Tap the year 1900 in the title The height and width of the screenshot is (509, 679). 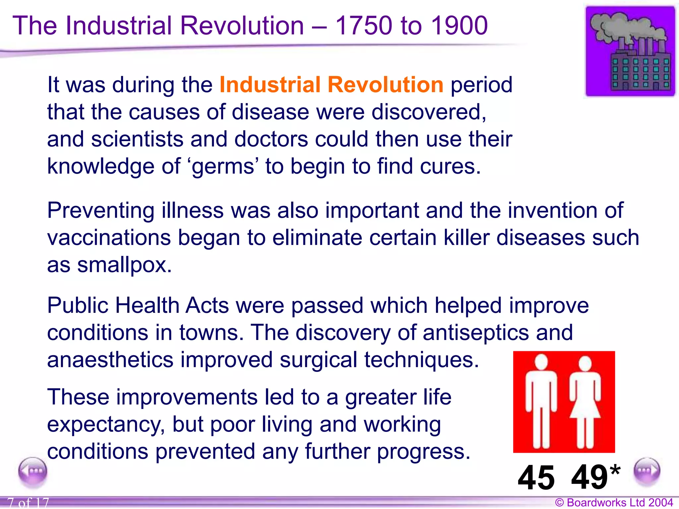pos(459,26)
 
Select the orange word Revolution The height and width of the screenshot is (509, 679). pos(385,85)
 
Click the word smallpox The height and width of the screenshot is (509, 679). pos(124,265)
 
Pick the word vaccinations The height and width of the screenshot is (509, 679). pos(109,238)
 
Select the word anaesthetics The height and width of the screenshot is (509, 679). pos(110,360)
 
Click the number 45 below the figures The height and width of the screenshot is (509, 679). pos(536,478)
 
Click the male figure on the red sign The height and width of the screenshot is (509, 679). pos(541,401)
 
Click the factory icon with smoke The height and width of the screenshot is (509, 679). pos(630,52)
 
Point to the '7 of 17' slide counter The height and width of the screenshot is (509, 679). pos(28,503)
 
